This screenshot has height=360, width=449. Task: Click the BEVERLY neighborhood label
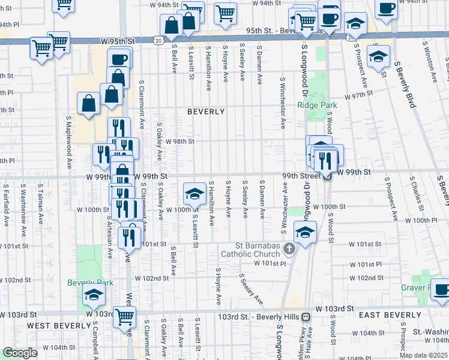tap(206, 112)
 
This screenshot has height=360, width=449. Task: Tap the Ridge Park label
tap(317, 105)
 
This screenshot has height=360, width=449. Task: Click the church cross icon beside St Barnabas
tap(289, 248)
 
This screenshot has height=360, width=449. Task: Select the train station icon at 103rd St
tap(306, 316)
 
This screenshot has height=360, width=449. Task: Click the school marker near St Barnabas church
tap(305, 232)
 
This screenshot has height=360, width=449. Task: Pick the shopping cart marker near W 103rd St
tap(124, 316)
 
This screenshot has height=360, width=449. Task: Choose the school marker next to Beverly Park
tap(94, 294)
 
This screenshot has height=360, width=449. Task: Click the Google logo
tap(20, 353)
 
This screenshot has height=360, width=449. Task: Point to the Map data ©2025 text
tap(423, 355)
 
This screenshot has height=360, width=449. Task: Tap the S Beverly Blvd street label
tap(405, 84)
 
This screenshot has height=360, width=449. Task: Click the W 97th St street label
tap(358, 95)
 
